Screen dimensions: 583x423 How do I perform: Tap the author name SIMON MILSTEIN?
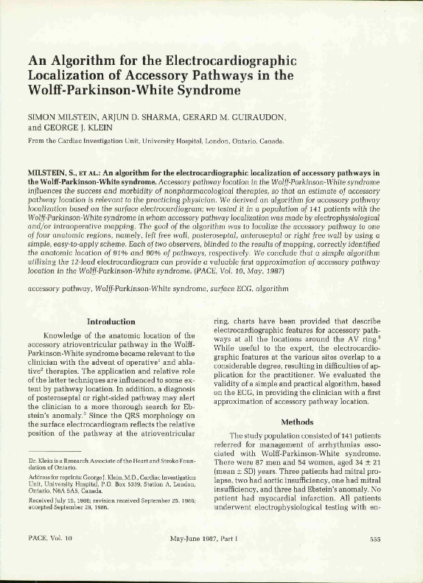coord(60,116)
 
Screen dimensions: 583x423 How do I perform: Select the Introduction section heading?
coord(111,321)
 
